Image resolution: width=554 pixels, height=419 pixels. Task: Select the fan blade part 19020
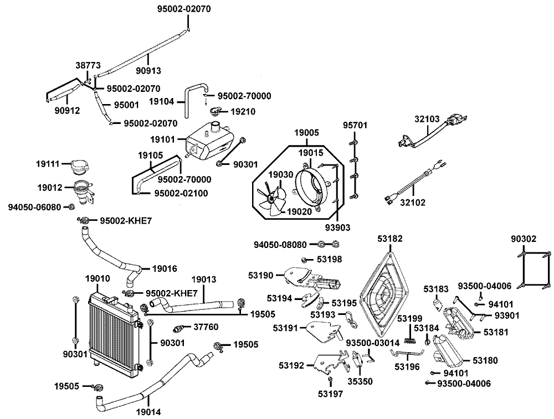pyautogui.click(x=271, y=199)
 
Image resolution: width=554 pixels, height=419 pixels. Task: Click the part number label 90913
pyautogui.click(x=148, y=71)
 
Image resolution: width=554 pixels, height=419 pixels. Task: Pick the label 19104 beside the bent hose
pyautogui.click(x=161, y=102)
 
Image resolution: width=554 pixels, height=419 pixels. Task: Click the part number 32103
pyautogui.click(x=427, y=118)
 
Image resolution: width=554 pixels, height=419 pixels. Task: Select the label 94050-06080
pyautogui.click(x=34, y=207)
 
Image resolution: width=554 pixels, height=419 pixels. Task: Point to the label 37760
pyautogui.click(x=206, y=327)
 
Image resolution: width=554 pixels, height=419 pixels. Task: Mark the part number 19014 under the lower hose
pyautogui.click(x=148, y=412)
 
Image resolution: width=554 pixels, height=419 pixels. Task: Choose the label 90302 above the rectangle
pyautogui.click(x=524, y=239)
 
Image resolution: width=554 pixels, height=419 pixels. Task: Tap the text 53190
pyautogui.click(x=261, y=275)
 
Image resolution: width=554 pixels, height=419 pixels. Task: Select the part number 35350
pyautogui.click(x=360, y=381)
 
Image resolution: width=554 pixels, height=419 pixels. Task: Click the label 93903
pyautogui.click(x=338, y=227)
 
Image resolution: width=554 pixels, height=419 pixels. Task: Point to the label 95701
pyautogui.click(x=356, y=125)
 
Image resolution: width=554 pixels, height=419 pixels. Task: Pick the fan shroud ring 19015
pyautogui.click(x=312, y=187)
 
